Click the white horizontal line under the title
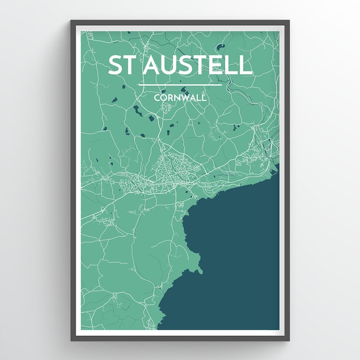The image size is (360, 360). point(180,85)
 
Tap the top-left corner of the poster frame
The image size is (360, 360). point(72,22)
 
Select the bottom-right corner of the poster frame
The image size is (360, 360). point(289,340)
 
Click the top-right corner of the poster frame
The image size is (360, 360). point(289,22)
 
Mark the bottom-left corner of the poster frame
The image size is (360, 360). point(72,340)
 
